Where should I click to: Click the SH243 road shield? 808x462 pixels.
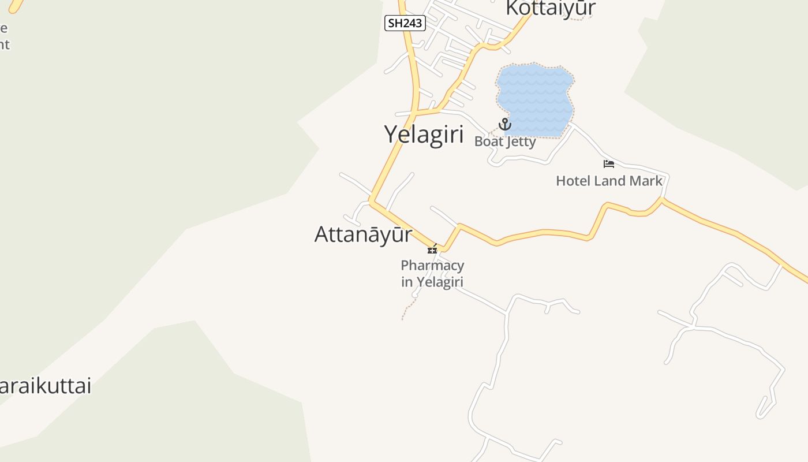(x=405, y=23)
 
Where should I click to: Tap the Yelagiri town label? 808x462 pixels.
(x=424, y=135)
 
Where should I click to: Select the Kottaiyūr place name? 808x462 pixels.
(x=551, y=9)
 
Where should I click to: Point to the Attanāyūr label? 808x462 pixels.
(x=363, y=234)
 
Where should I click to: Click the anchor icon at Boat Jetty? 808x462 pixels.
(x=505, y=124)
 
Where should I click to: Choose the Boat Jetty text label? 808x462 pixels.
(x=505, y=141)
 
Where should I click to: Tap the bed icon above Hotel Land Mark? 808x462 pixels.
(x=609, y=164)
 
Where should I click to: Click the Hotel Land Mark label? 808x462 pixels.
(x=609, y=181)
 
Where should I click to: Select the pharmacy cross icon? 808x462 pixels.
(x=432, y=249)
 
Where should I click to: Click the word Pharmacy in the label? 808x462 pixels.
(x=432, y=266)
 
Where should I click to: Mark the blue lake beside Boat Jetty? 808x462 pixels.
(x=534, y=98)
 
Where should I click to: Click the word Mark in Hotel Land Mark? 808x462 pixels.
(x=646, y=181)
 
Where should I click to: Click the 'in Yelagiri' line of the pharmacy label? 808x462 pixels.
(x=432, y=282)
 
